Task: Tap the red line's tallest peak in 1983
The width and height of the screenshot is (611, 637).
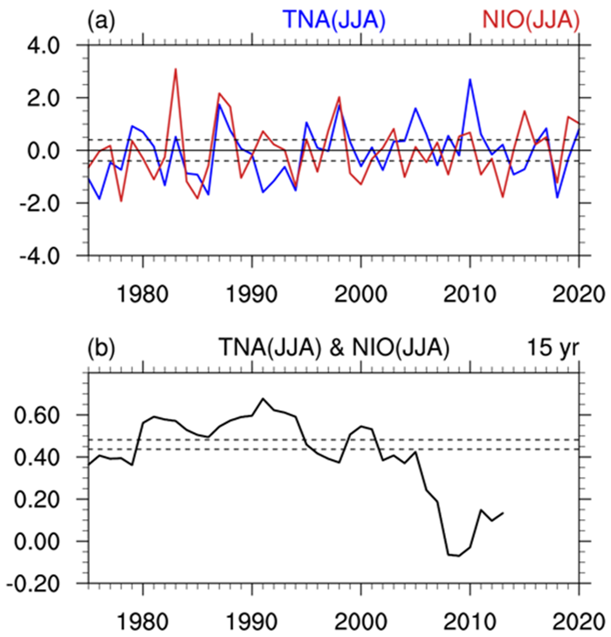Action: [x=175, y=69]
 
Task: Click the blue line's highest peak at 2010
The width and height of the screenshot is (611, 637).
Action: [x=470, y=79]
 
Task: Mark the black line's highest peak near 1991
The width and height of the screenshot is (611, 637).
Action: [x=263, y=399]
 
